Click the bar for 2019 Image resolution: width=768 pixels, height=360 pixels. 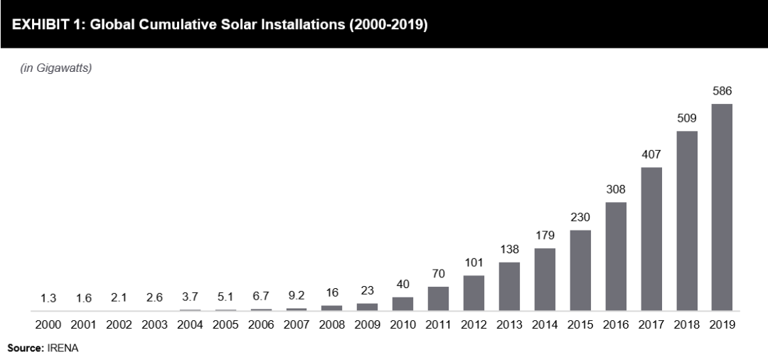[722, 207]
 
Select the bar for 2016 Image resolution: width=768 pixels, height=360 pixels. [616, 256]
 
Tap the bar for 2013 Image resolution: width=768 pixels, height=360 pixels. [509, 286]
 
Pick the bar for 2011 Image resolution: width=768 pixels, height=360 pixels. [438, 298]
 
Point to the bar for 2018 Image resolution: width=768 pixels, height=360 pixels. [686, 221]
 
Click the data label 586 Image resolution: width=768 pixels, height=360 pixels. [722, 91]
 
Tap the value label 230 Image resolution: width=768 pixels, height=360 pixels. [580, 217]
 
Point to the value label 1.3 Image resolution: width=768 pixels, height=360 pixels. [48, 297]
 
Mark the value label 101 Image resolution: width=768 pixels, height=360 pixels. [474, 263]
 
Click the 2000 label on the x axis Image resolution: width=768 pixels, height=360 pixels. [48, 324]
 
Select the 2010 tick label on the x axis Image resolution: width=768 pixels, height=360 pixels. [402, 324]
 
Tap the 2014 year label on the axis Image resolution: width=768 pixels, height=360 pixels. [545, 324]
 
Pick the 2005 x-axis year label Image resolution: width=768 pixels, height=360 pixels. [225, 324]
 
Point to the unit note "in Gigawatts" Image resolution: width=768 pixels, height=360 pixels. [56, 68]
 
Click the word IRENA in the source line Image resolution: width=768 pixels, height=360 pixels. [65, 349]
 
